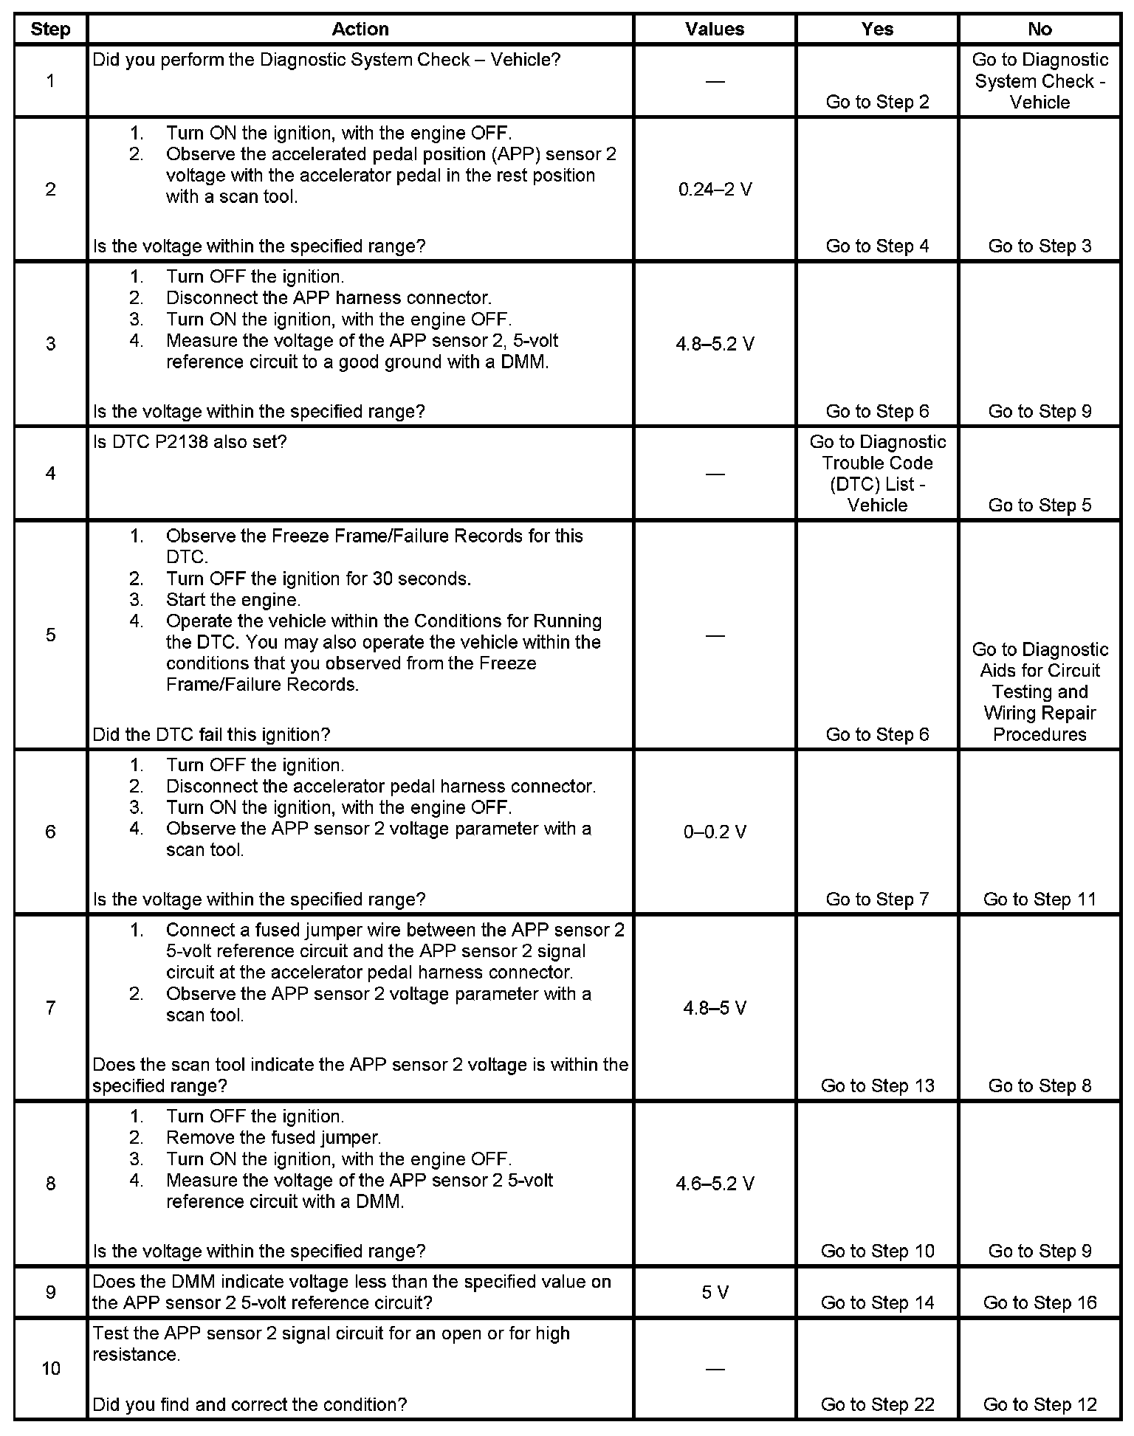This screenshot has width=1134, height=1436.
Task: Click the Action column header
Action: pyautogui.click(x=360, y=30)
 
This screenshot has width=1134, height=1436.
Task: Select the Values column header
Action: pyautogui.click(x=715, y=30)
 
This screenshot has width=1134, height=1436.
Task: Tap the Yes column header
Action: pyautogui.click(x=877, y=30)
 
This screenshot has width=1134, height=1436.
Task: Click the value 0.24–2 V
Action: pyautogui.click(x=715, y=190)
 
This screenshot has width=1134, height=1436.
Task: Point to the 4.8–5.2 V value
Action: pyautogui.click(x=715, y=344)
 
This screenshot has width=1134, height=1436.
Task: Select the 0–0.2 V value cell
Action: pyautogui.click(x=715, y=832)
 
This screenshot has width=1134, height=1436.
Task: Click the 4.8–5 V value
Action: pyautogui.click(x=715, y=1007)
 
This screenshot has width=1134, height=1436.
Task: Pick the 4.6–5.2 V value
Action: pyautogui.click(x=715, y=1184)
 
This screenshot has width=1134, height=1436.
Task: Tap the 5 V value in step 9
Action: pyautogui.click(x=715, y=1292)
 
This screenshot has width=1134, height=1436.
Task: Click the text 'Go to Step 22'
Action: pyautogui.click(x=877, y=1404)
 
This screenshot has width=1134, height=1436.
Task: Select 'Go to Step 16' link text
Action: pyautogui.click(x=1039, y=1302)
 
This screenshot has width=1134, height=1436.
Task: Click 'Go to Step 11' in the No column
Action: pyautogui.click(x=1039, y=899)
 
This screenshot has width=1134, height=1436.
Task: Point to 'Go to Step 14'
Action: pyautogui.click(x=877, y=1302)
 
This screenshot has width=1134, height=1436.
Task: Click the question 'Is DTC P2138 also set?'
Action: pyautogui.click(x=190, y=442)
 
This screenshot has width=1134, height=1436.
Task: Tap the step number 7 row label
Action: pyautogui.click(x=50, y=1007)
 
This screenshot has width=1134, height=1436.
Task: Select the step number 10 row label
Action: pyautogui.click(x=50, y=1369)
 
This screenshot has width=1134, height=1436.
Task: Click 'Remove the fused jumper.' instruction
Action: pyautogui.click(x=273, y=1137)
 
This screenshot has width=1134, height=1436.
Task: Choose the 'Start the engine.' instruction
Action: pyautogui.click(x=233, y=599)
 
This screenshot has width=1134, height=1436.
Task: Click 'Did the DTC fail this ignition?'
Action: pyautogui.click(x=211, y=734)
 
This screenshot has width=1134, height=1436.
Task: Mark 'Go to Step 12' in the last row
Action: pyautogui.click(x=1039, y=1404)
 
